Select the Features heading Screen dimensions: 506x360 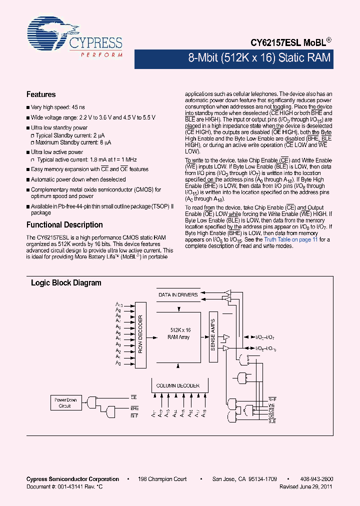(41, 94)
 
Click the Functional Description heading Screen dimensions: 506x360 (64, 225)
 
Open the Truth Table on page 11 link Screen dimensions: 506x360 (290, 239)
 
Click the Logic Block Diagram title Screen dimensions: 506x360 (66, 283)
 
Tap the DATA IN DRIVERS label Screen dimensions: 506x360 (178, 295)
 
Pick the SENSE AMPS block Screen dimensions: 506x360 (212, 333)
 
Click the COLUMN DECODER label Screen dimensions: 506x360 (178, 385)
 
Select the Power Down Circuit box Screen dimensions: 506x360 (65, 403)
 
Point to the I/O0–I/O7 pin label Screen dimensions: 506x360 (264, 338)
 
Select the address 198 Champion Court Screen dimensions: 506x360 (163, 479)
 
